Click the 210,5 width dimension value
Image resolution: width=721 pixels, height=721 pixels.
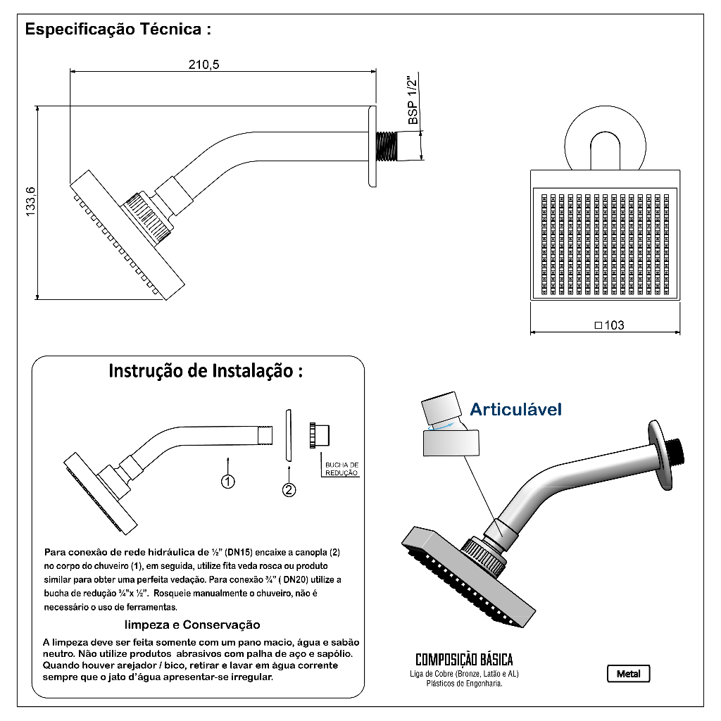pos(204,65)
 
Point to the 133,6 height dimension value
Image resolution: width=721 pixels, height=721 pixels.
pos(30,203)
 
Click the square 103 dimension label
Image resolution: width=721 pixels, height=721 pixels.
pos(610,325)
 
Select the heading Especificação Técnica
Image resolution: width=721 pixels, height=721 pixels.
pos(118,30)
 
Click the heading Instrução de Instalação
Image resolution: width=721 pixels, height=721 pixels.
pos(206,371)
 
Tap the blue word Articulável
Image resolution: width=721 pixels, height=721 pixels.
pos(516,409)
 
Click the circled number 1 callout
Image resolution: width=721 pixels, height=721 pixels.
pos(227,482)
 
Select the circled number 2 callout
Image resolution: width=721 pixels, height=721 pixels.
pos(289,490)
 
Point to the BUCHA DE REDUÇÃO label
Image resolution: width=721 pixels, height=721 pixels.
pos(341,469)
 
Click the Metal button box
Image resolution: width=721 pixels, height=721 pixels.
pos(628,674)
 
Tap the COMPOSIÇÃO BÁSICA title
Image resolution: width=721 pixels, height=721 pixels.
pos(464,660)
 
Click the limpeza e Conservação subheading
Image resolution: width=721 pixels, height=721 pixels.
pos(192,625)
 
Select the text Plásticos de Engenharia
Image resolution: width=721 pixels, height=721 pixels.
pos(464,684)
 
